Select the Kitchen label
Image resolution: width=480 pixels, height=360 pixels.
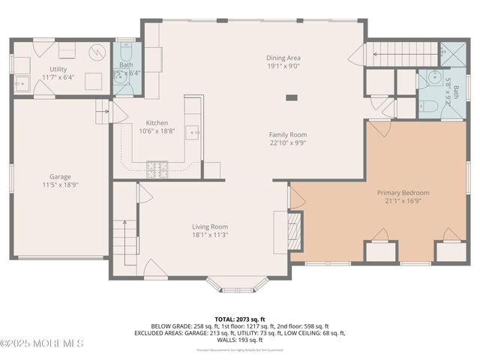[157, 123]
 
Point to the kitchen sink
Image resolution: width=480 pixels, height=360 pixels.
[193, 133]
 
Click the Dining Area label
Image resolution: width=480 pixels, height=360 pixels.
[283, 58]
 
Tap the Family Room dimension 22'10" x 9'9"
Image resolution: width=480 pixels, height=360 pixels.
[287, 142]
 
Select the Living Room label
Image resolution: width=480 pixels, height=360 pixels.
[209, 226]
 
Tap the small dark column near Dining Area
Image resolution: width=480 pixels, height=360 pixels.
[291, 97]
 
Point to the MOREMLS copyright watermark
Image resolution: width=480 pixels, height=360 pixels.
[43, 343]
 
